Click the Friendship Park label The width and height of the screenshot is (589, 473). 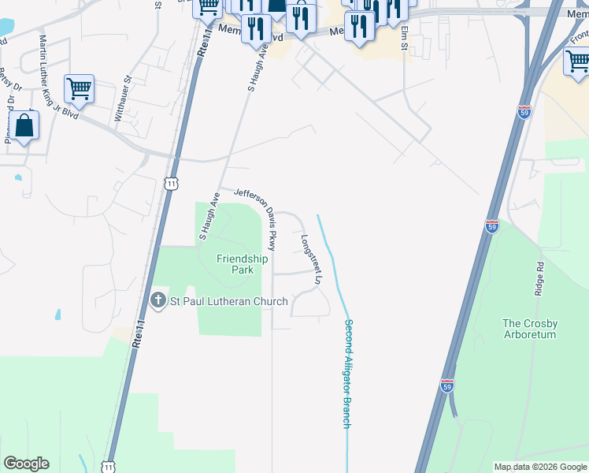(x=242, y=264)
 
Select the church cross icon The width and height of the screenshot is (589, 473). (x=157, y=300)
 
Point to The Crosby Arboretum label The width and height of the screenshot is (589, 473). (x=530, y=329)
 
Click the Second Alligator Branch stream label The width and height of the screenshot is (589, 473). (x=346, y=374)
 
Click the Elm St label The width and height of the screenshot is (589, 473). (x=403, y=35)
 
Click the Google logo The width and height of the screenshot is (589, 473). (x=26, y=464)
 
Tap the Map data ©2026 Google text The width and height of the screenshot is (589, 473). (x=540, y=467)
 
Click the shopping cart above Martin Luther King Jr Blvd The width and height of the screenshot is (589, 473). (x=79, y=88)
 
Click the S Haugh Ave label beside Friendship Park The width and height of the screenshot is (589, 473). (x=209, y=216)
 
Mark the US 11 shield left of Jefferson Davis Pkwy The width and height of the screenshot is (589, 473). (x=171, y=183)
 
